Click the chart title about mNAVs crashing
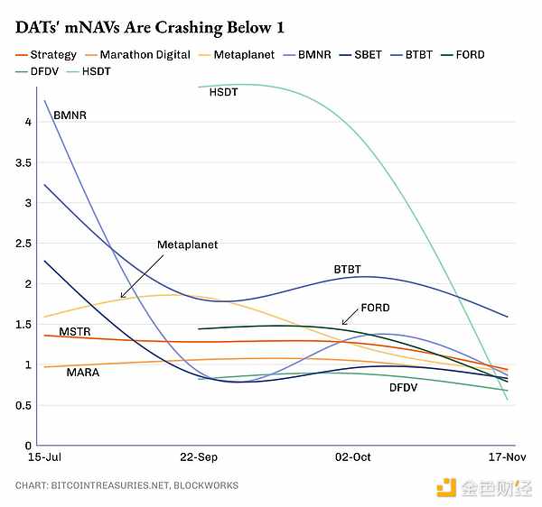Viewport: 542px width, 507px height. pos(144,27)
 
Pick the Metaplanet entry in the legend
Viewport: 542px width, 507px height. pos(238,55)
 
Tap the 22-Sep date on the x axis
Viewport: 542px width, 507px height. pos(198,457)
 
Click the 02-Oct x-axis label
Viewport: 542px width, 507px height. pos(353,457)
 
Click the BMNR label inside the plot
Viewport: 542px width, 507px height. pos(70,116)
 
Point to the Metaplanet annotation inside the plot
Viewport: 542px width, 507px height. pos(187,245)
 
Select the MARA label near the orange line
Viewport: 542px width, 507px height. pos(83,373)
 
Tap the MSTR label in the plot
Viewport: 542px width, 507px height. pos(75,333)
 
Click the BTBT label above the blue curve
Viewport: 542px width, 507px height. pos(348,270)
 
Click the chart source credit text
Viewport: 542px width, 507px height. pos(126,485)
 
